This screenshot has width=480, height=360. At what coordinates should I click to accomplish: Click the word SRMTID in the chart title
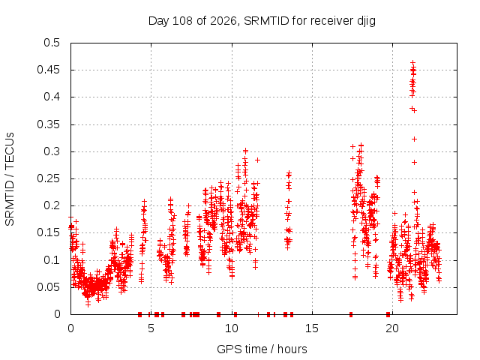click(266, 21)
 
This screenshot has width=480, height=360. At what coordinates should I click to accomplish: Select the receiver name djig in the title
click(366, 22)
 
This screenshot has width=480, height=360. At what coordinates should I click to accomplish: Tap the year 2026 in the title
click(223, 21)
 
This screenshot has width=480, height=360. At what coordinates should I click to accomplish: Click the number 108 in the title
click(182, 21)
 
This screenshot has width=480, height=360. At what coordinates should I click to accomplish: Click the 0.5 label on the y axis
click(52, 43)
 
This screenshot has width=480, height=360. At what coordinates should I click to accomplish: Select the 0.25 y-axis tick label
click(48, 178)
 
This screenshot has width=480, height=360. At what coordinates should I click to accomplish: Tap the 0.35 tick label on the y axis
click(48, 124)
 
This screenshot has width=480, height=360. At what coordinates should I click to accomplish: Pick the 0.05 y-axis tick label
click(48, 287)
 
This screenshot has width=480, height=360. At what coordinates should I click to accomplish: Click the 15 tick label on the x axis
click(312, 328)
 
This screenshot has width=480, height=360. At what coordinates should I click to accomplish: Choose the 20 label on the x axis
click(392, 328)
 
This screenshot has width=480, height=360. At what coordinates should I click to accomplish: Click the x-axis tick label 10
click(232, 328)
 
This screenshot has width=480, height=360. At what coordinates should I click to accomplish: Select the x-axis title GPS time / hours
click(262, 349)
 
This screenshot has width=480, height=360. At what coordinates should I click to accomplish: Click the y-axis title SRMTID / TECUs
click(10, 179)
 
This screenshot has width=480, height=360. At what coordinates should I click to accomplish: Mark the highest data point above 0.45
click(412, 63)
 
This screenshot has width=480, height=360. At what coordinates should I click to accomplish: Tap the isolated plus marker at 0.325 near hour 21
click(414, 139)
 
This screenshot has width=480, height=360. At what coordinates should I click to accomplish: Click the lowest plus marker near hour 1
click(88, 304)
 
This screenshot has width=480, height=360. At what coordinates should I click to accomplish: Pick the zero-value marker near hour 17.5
click(351, 314)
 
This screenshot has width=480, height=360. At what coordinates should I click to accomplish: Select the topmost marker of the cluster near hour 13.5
click(289, 173)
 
